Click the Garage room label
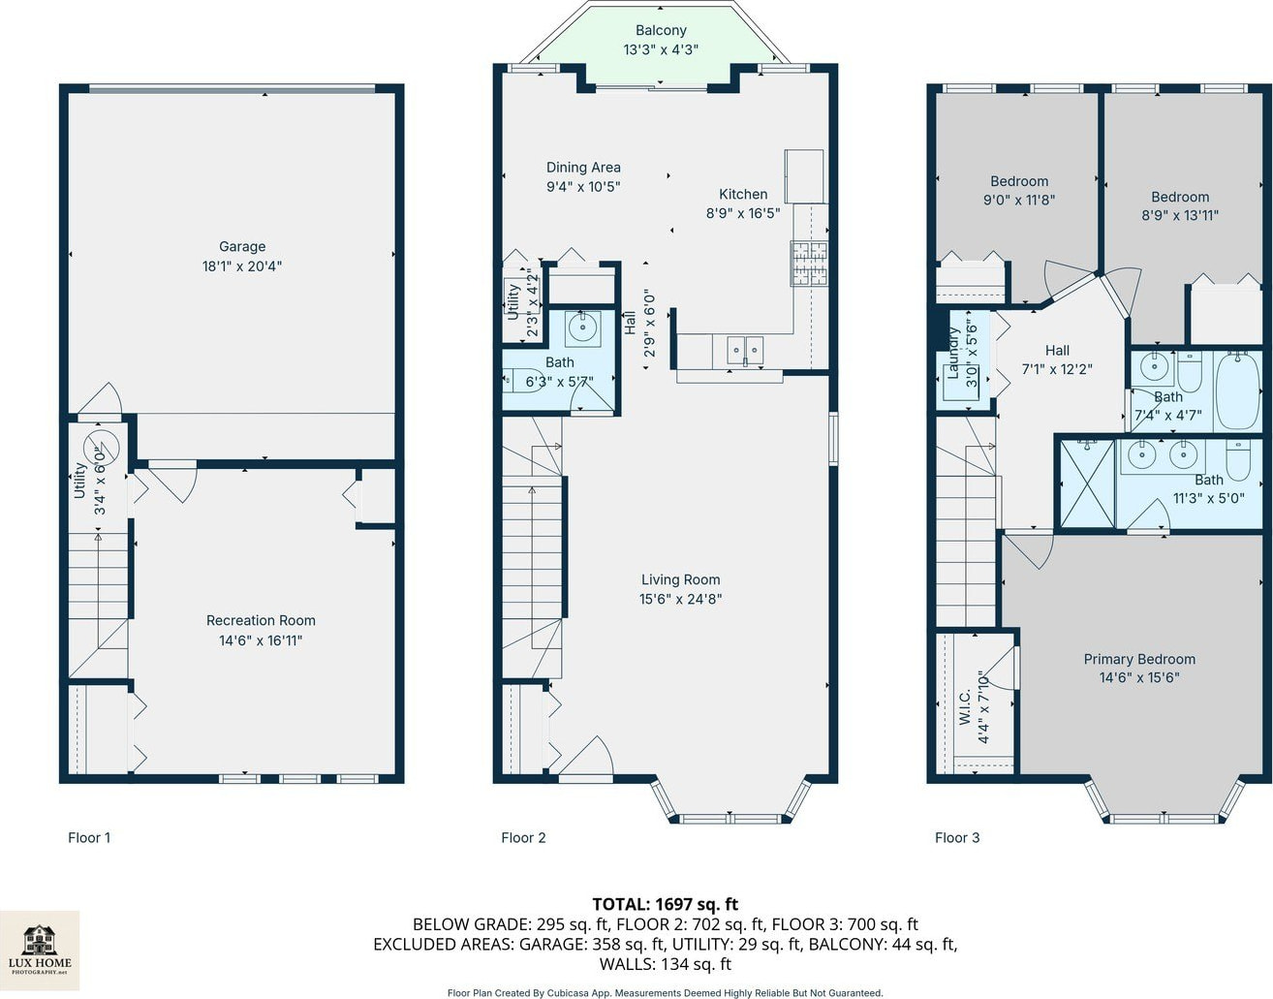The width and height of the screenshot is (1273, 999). tap(242, 247)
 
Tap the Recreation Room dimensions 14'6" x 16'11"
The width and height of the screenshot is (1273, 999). tap(261, 640)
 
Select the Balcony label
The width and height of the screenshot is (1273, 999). tap(661, 30)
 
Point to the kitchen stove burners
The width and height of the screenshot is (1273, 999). tap(809, 264)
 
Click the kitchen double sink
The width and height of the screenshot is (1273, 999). tap(745, 351)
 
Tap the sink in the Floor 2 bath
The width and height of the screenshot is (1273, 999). tap(582, 328)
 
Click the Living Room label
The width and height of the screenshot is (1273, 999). tap(681, 579)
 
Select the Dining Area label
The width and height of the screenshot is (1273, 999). tap(583, 168)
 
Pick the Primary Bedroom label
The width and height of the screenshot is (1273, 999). tap(1139, 659)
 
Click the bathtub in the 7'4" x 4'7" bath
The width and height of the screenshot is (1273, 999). tap(1237, 391)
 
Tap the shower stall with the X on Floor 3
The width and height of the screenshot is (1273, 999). tap(1087, 484)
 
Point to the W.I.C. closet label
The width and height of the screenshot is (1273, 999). tap(965, 706)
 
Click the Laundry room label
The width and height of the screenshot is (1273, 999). tap(953, 353)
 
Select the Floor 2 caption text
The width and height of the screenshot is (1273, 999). tap(523, 838)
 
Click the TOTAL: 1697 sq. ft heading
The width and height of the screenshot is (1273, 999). tap(665, 904)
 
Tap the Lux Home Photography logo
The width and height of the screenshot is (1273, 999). tap(40, 951)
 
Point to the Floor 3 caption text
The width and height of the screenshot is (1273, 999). tap(957, 838)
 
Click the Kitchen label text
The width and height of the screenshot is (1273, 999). tap(743, 195)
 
